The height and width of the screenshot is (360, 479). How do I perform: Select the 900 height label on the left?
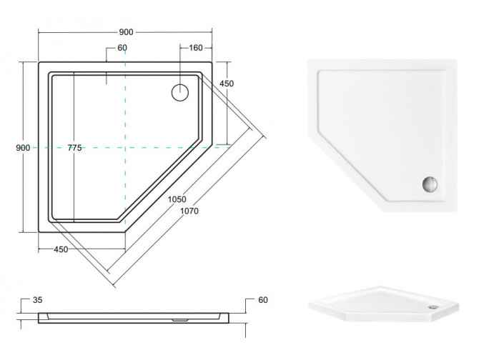pos(23,148)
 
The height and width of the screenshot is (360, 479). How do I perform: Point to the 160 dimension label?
pos(196,48)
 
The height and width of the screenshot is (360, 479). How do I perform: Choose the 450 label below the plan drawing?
pos(62,249)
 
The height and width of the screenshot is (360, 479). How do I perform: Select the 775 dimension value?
pos(74,148)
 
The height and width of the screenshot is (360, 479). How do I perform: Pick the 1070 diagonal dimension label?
pos(189,211)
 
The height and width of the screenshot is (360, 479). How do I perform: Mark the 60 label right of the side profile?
pos(262,301)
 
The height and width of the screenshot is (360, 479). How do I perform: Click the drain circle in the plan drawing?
pos(179,91)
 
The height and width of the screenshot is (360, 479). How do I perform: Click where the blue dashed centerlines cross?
pos(126,148)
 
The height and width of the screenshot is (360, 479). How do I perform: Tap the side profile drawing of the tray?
pos(136,315)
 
